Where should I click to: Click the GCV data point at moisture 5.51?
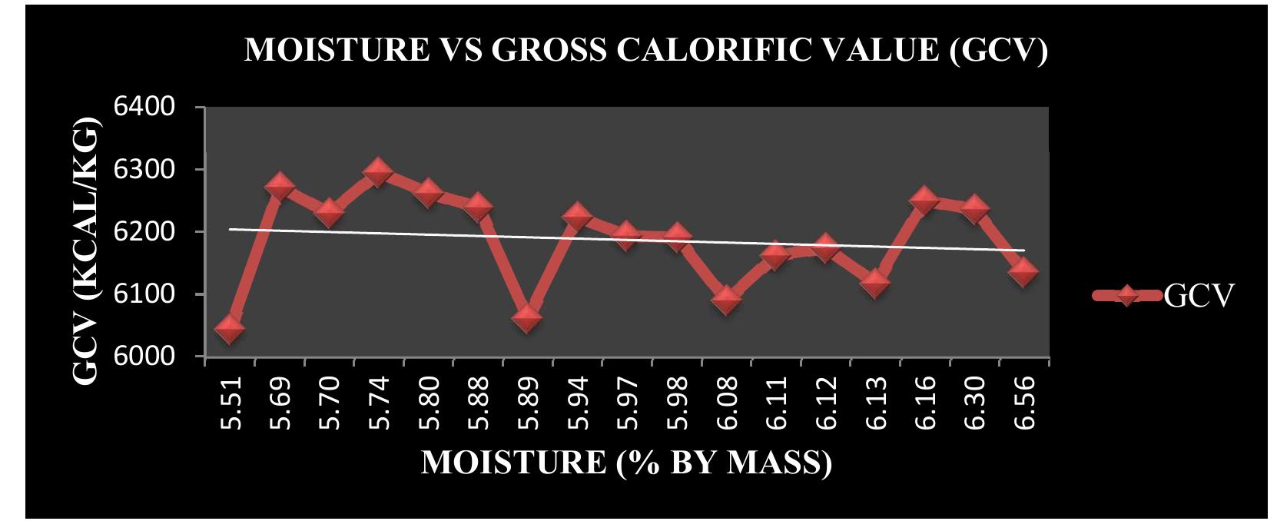[x=230, y=329]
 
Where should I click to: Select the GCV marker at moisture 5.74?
[x=378, y=172]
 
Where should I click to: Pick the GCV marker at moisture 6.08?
[x=726, y=299]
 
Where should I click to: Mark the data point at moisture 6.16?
[x=924, y=201]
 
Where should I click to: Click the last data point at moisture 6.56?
[x=1023, y=270]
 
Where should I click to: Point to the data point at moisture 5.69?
[x=280, y=187]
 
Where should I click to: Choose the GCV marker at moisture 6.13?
[x=875, y=283]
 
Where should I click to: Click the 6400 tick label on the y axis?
[x=153, y=107]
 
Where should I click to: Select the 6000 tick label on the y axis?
[x=153, y=357]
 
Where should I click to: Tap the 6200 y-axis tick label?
[x=153, y=232]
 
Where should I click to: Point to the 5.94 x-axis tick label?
[x=577, y=403]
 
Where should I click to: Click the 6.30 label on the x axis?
[x=974, y=403]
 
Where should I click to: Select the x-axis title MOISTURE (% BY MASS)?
[x=626, y=463]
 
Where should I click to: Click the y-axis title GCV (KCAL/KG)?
[x=86, y=251]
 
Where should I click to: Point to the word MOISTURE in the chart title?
[x=336, y=51]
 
